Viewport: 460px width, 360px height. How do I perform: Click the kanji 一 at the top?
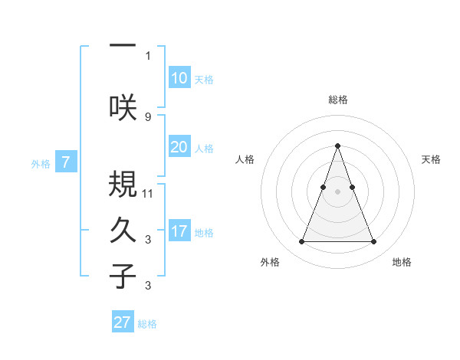[x=123, y=45]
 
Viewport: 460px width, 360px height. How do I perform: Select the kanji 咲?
[x=123, y=106]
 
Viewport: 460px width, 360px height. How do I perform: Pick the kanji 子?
[x=123, y=276]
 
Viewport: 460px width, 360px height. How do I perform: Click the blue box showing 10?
[x=179, y=78]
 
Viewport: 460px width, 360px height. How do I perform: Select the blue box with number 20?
[x=179, y=147]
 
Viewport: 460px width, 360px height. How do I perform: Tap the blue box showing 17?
[x=179, y=231]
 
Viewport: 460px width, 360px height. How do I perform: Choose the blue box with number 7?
[x=67, y=162]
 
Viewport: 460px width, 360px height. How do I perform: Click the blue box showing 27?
[x=123, y=322]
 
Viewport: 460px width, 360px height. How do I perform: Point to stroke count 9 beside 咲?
[x=148, y=116]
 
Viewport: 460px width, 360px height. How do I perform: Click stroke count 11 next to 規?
[x=148, y=194]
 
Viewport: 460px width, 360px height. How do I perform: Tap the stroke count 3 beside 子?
[x=148, y=286]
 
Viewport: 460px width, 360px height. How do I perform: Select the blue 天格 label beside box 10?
[x=204, y=80]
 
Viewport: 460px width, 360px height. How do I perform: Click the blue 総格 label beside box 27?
[x=147, y=324]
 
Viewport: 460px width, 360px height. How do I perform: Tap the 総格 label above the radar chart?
[x=337, y=100]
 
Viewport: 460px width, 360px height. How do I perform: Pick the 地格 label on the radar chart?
[x=402, y=263]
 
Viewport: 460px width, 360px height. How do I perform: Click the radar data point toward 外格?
[x=301, y=242]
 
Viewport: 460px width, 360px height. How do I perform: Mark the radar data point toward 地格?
[x=373, y=242]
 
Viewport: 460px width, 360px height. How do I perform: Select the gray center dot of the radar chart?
[x=337, y=191]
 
